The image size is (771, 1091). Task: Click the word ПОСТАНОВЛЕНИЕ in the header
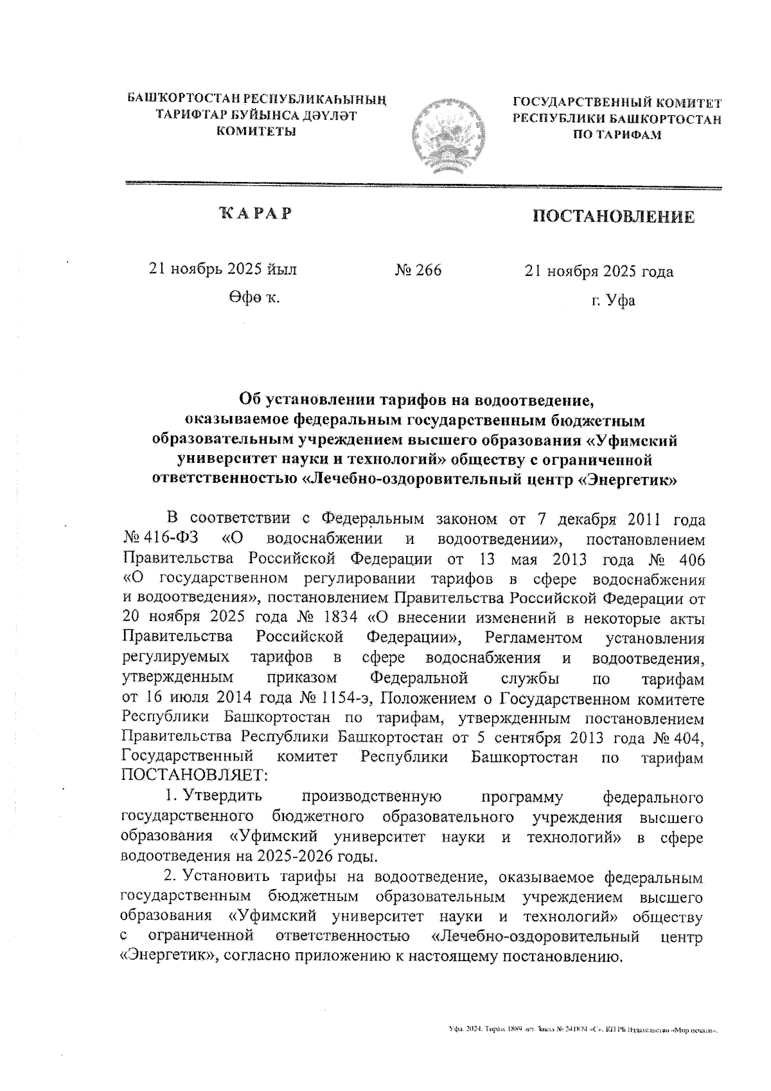click(613, 217)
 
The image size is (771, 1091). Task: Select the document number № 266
click(418, 271)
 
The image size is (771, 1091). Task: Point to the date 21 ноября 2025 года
click(599, 271)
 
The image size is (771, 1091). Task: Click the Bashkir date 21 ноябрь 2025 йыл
click(223, 269)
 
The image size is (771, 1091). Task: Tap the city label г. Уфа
click(614, 300)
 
